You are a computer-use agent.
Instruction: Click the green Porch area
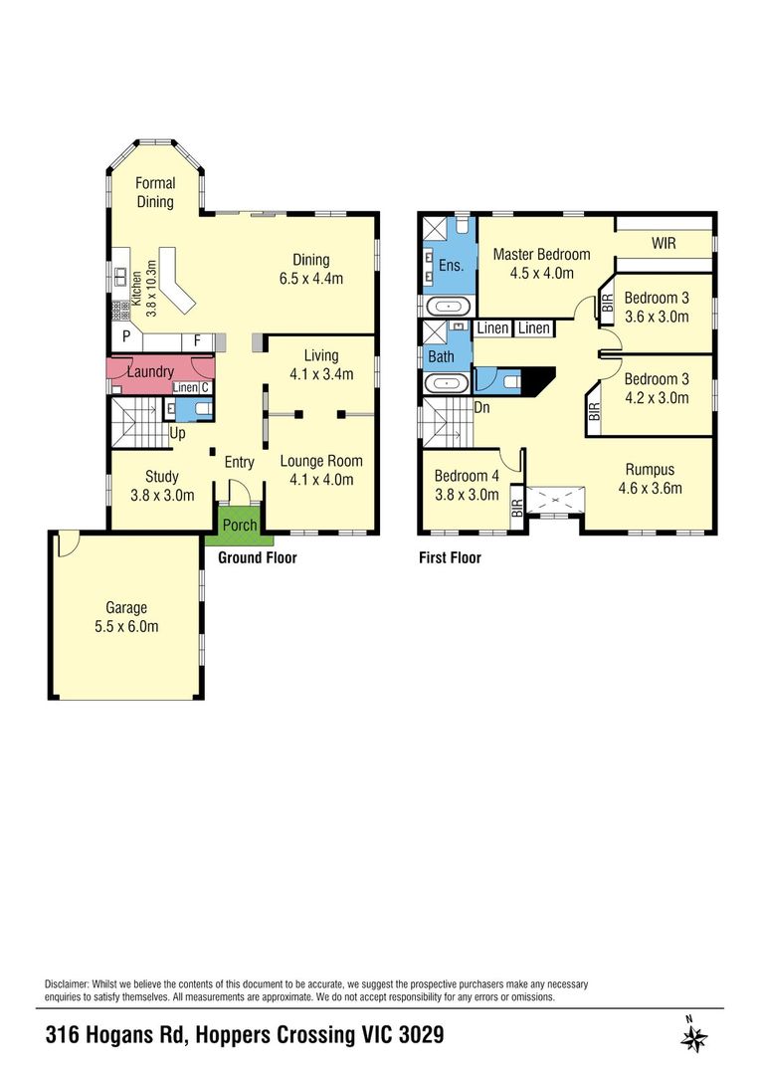(x=239, y=526)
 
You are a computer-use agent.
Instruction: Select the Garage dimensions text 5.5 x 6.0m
(x=126, y=626)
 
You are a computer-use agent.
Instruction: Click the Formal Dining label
(x=155, y=192)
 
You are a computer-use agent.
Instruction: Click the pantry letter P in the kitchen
(x=126, y=336)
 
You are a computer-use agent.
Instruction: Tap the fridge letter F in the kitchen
(x=197, y=340)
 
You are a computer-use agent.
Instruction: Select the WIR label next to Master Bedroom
(x=664, y=243)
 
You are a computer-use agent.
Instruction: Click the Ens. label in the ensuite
(x=451, y=266)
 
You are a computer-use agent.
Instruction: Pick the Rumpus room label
(x=650, y=470)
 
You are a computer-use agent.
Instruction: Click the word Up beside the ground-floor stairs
(x=177, y=433)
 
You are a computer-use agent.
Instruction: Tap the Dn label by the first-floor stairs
(x=481, y=407)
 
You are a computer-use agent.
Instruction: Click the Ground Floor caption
(x=258, y=557)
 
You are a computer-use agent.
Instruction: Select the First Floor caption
(x=450, y=558)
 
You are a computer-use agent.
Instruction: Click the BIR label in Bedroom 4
(x=516, y=508)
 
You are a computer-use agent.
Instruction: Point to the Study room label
(x=162, y=477)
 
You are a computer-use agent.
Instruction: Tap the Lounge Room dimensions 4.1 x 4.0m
(x=321, y=480)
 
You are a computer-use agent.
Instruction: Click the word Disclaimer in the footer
(x=67, y=984)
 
